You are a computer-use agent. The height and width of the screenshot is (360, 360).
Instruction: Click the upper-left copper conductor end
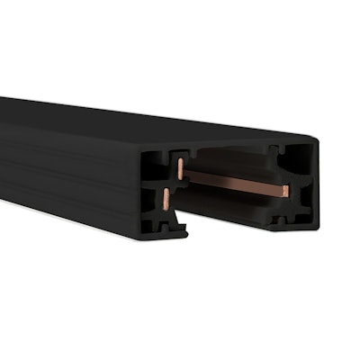point(180,167)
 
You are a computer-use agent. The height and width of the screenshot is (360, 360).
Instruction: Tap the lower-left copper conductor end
point(166,200)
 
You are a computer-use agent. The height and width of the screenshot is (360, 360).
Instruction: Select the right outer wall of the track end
point(311,180)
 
